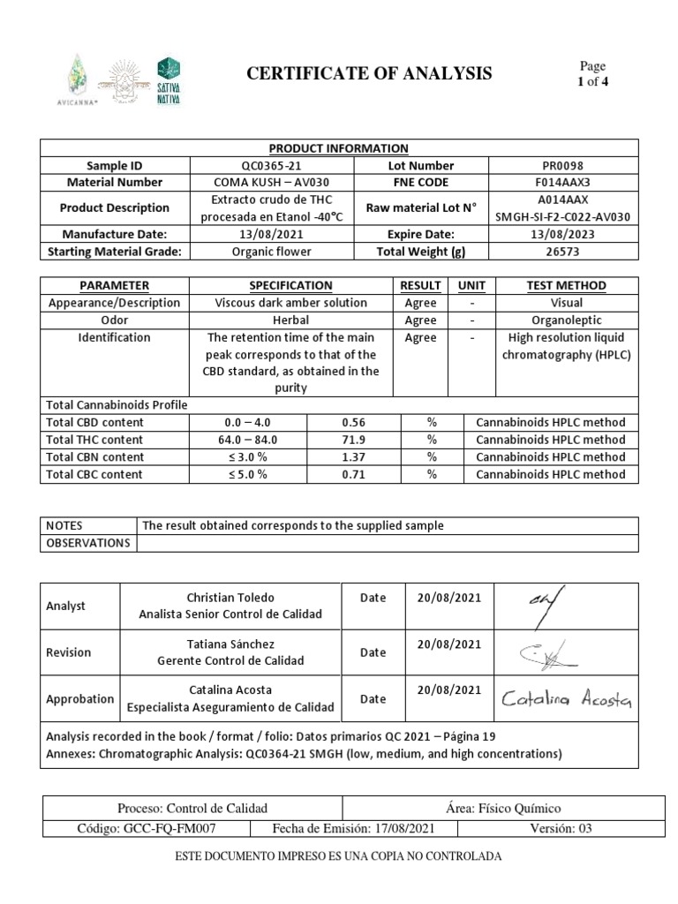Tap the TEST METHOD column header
click(x=566, y=285)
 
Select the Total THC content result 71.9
click(x=353, y=440)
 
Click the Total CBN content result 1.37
click(x=353, y=456)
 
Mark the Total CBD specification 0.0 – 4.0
click(x=249, y=422)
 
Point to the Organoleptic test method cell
click(x=566, y=320)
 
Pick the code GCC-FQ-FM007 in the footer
click(x=146, y=829)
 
